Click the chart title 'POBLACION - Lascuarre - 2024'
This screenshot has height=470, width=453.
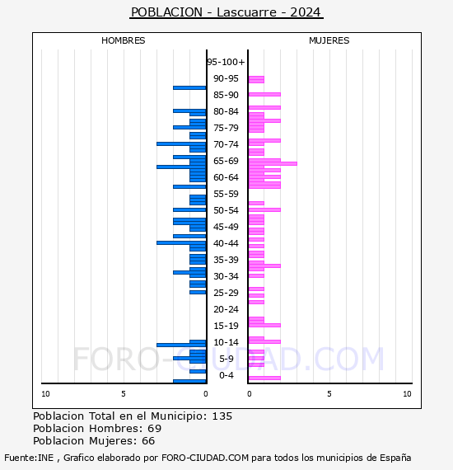226,12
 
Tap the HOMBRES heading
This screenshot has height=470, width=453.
123,40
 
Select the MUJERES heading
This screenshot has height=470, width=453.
329,40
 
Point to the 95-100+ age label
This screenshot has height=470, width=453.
226,62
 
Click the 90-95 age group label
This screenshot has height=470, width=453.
226,78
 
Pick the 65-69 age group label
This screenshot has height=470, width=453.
226,161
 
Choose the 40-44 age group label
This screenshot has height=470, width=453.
226,243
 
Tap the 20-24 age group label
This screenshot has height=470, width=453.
226,309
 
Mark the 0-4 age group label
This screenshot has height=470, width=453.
226,375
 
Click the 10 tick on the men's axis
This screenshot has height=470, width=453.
45,394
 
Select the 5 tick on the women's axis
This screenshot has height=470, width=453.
329,394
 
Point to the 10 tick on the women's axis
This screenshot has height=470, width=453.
407,394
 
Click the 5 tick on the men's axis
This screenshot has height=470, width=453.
124,394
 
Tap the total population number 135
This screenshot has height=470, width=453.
222,416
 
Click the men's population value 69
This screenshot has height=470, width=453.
155,429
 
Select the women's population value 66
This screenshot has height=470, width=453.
148,441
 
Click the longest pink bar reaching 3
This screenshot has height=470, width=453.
273,163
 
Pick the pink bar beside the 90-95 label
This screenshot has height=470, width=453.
256,79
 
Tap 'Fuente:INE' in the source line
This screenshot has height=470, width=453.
29,458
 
